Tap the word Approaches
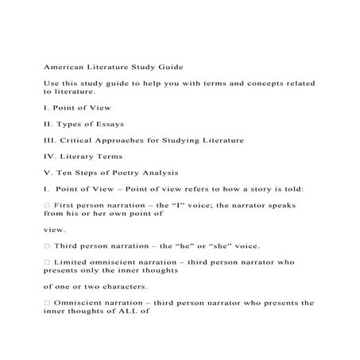[134, 140]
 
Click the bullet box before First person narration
[47, 205]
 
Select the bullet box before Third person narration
[47, 246]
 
